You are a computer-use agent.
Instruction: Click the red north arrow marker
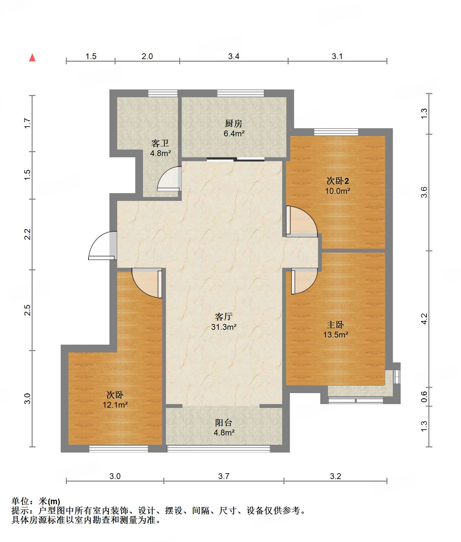pos(32,57)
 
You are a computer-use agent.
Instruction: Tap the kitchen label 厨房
pos(234,123)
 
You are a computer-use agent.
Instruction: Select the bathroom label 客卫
pos(160,143)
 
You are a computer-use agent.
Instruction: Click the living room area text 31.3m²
pos(224,327)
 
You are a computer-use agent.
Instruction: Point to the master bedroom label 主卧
pos(335,325)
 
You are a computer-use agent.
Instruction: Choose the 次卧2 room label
pos(338,181)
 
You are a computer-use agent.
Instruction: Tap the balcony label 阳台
pos(224,422)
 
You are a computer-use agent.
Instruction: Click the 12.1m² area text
pos(115,405)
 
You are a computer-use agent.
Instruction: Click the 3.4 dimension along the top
pos(234,56)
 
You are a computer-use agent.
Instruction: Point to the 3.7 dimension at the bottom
pos(224,476)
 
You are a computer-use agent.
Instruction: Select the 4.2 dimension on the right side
pos(424,319)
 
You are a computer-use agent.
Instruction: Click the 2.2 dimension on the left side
pos(28,234)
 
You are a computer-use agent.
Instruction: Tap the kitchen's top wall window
pos(241,93)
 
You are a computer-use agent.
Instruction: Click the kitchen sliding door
pos(236,159)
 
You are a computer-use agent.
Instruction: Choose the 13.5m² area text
pos(336,335)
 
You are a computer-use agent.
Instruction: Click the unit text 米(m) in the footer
pos(49,501)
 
